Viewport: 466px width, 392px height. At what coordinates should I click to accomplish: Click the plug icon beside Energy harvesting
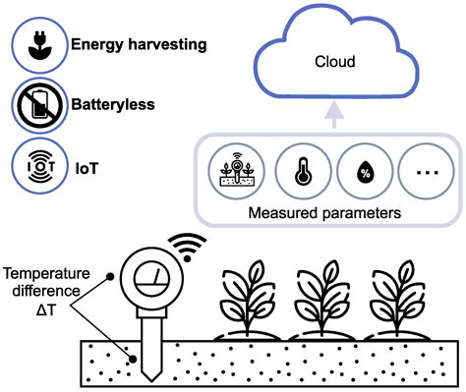click(x=35, y=45)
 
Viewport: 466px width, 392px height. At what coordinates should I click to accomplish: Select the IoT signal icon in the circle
click(x=35, y=166)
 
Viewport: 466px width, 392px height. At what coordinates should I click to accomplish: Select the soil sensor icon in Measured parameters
click(x=232, y=169)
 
